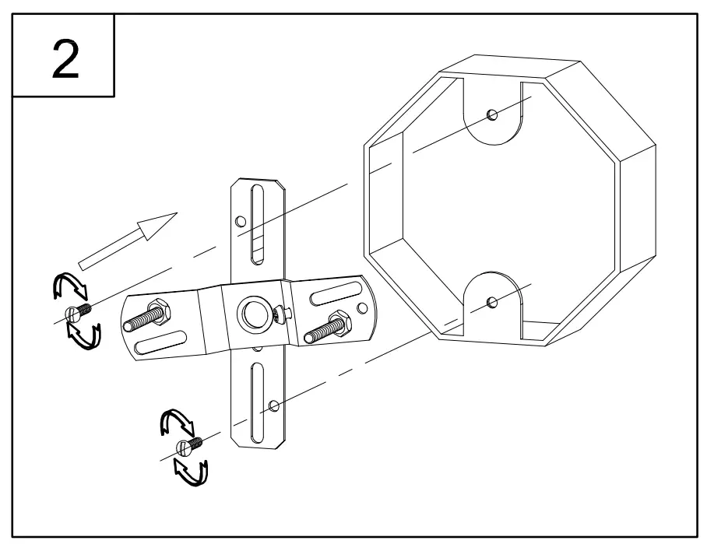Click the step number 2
(x=64, y=60)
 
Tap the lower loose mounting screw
(x=190, y=445)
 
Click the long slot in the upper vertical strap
(x=258, y=226)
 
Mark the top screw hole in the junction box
(x=491, y=115)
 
